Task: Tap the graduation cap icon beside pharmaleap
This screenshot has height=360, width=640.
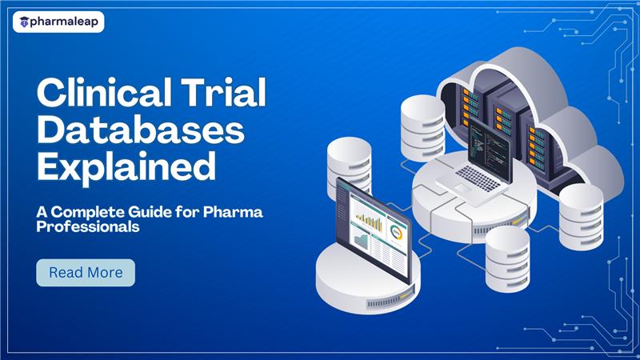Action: [25, 22]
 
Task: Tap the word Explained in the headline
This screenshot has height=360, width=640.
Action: [126, 167]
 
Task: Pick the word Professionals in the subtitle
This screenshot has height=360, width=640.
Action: [88, 228]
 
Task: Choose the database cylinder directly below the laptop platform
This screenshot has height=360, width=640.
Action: [507, 256]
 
